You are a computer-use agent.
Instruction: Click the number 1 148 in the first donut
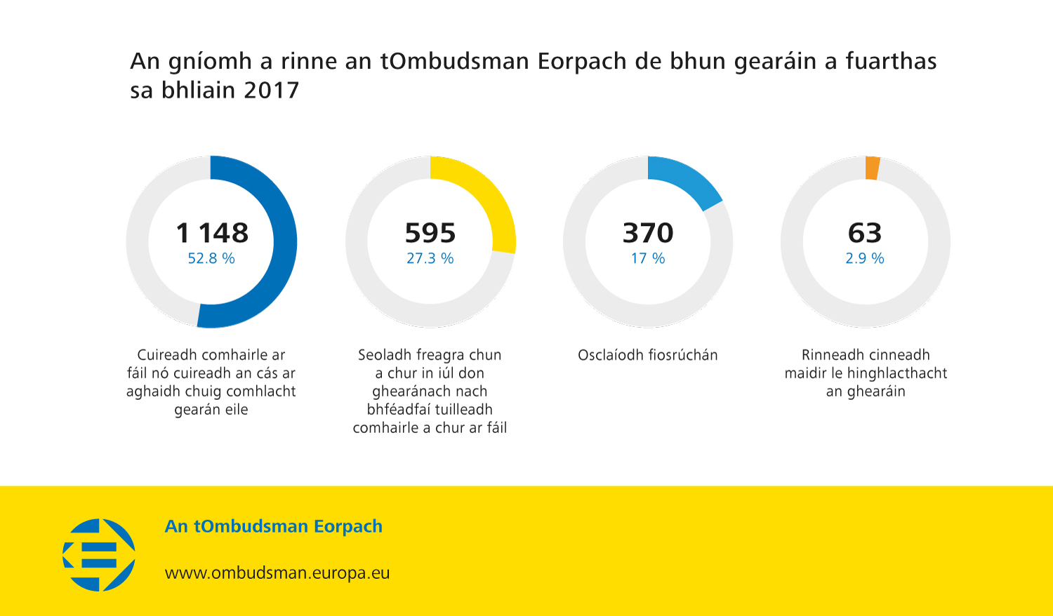click(212, 233)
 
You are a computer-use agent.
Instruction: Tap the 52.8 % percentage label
click(211, 259)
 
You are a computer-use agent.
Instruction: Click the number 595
click(430, 233)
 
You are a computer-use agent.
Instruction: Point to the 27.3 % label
click(430, 259)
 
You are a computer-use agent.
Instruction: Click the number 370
click(648, 233)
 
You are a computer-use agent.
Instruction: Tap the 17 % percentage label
click(648, 259)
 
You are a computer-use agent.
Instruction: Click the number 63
click(865, 233)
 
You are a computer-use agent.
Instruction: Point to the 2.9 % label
click(865, 259)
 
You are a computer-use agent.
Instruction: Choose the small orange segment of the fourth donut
click(873, 168)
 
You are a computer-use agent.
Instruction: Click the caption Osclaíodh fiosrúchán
click(648, 355)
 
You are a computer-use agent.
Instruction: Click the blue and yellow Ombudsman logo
click(99, 554)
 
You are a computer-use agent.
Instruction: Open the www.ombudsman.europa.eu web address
click(277, 573)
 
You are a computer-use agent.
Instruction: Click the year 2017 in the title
click(272, 91)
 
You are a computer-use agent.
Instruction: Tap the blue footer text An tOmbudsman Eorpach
click(274, 526)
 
